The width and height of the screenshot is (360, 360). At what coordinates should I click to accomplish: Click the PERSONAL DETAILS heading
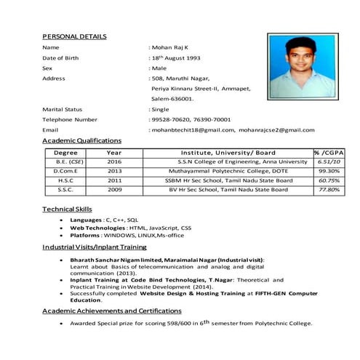click(75, 36)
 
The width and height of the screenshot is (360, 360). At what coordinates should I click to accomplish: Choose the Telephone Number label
click(70, 119)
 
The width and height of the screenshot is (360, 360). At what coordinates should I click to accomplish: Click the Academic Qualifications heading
click(82, 140)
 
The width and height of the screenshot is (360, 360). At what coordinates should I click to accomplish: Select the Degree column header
click(65, 152)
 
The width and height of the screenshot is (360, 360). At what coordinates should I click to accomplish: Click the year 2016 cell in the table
click(114, 161)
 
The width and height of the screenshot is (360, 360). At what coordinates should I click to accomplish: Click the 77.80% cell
click(329, 190)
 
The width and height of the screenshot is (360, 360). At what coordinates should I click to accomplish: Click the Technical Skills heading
click(67, 209)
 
